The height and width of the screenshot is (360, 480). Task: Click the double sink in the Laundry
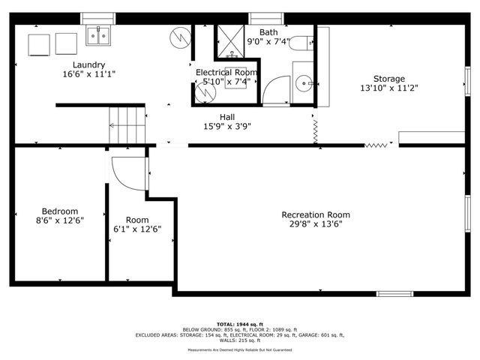97,35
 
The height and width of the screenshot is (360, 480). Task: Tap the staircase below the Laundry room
126,123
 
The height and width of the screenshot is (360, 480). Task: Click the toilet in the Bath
301,43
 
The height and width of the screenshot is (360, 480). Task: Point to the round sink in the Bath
303,82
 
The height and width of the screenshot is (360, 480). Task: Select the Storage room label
388,79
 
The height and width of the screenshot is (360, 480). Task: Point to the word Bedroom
59,211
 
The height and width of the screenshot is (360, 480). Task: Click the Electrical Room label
226,72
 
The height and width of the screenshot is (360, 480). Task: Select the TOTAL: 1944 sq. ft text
240,324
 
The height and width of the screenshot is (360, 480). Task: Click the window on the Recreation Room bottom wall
394,293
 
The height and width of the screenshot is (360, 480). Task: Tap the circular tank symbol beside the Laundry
181,35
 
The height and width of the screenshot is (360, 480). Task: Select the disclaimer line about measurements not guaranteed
240,349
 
